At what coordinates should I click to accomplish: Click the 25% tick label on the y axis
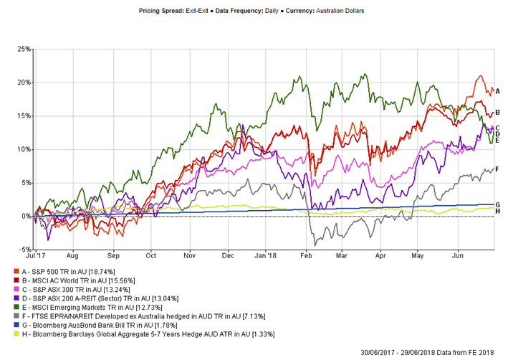24,49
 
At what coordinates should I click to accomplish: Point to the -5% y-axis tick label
24,250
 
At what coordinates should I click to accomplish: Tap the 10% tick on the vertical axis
24,149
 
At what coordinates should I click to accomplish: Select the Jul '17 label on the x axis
35,255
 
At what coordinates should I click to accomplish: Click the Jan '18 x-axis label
265,255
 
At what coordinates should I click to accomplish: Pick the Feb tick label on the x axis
306,255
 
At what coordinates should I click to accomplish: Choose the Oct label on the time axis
150,255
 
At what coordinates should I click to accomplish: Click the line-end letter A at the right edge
498,92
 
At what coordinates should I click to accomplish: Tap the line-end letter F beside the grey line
497,169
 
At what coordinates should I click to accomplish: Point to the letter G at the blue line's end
498,204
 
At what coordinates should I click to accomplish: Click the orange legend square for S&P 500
16,271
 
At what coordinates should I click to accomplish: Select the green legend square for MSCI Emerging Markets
16,307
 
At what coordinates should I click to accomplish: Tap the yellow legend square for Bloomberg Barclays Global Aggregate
16,334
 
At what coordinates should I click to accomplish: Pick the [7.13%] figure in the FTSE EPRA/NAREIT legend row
254,316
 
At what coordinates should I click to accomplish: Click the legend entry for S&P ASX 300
76,289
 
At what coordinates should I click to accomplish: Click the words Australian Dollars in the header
340,11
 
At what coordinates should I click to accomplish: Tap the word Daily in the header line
272,11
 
